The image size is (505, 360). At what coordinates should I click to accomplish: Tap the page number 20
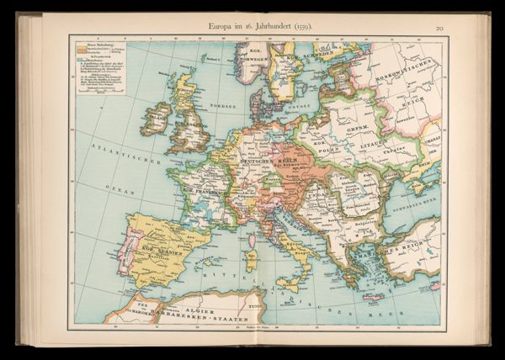[439, 29]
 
